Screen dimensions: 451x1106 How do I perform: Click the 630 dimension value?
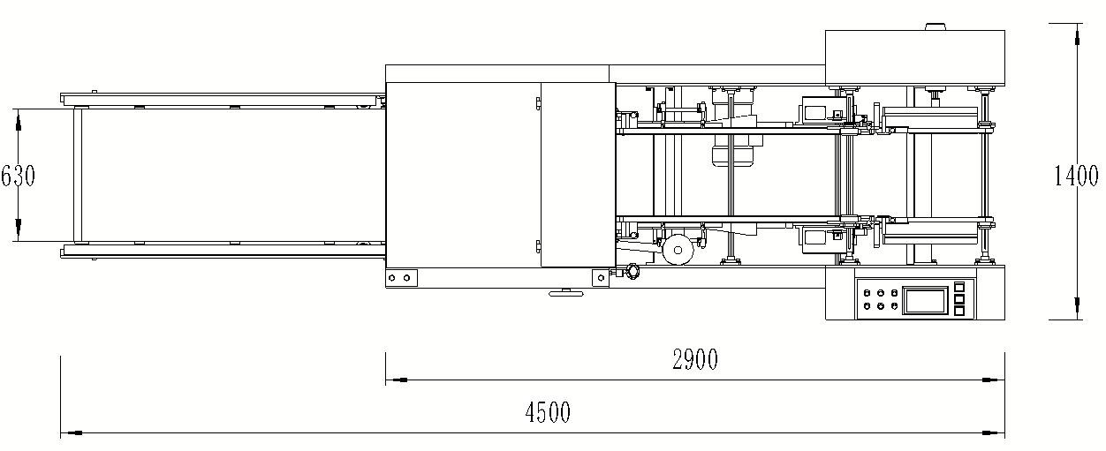(18, 176)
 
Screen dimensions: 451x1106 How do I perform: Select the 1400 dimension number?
(1075, 177)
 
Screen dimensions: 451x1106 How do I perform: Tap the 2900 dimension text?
(694, 359)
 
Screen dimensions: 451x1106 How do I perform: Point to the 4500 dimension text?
(547, 411)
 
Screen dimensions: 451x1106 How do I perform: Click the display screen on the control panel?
(924, 299)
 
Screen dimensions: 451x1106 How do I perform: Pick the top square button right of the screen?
(959, 287)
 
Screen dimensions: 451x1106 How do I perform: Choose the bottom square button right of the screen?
(959, 311)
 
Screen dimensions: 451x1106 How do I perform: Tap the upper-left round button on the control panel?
(867, 292)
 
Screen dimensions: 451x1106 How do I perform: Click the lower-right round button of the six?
(895, 306)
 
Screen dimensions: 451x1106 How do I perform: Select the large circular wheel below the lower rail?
(678, 250)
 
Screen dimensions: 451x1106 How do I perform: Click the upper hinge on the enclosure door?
(537, 105)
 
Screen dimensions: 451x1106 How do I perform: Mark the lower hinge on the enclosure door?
(537, 245)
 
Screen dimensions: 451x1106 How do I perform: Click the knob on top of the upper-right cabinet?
(936, 26)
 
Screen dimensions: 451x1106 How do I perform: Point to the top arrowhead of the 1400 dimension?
(1077, 37)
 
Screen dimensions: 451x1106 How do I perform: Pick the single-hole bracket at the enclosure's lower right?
(601, 277)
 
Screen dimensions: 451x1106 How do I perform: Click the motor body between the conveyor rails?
(731, 155)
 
